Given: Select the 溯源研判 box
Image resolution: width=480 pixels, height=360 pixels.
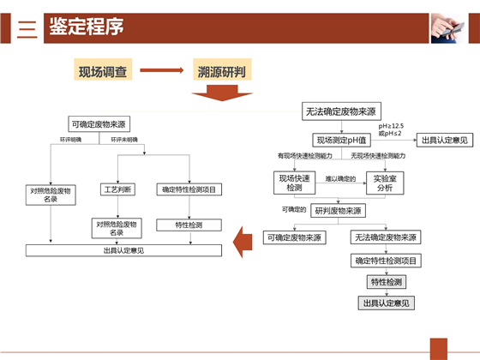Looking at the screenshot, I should [222, 72].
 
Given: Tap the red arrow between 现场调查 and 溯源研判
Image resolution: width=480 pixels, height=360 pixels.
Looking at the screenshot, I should [163, 72].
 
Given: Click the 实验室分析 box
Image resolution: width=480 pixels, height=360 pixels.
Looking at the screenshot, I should [384, 182].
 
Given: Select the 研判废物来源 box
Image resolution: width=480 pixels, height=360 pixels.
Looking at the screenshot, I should [336, 210].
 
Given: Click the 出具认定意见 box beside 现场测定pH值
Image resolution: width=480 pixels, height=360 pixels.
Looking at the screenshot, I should [443, 140].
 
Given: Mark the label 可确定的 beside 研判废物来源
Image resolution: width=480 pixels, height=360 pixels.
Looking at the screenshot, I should [294, 209].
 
